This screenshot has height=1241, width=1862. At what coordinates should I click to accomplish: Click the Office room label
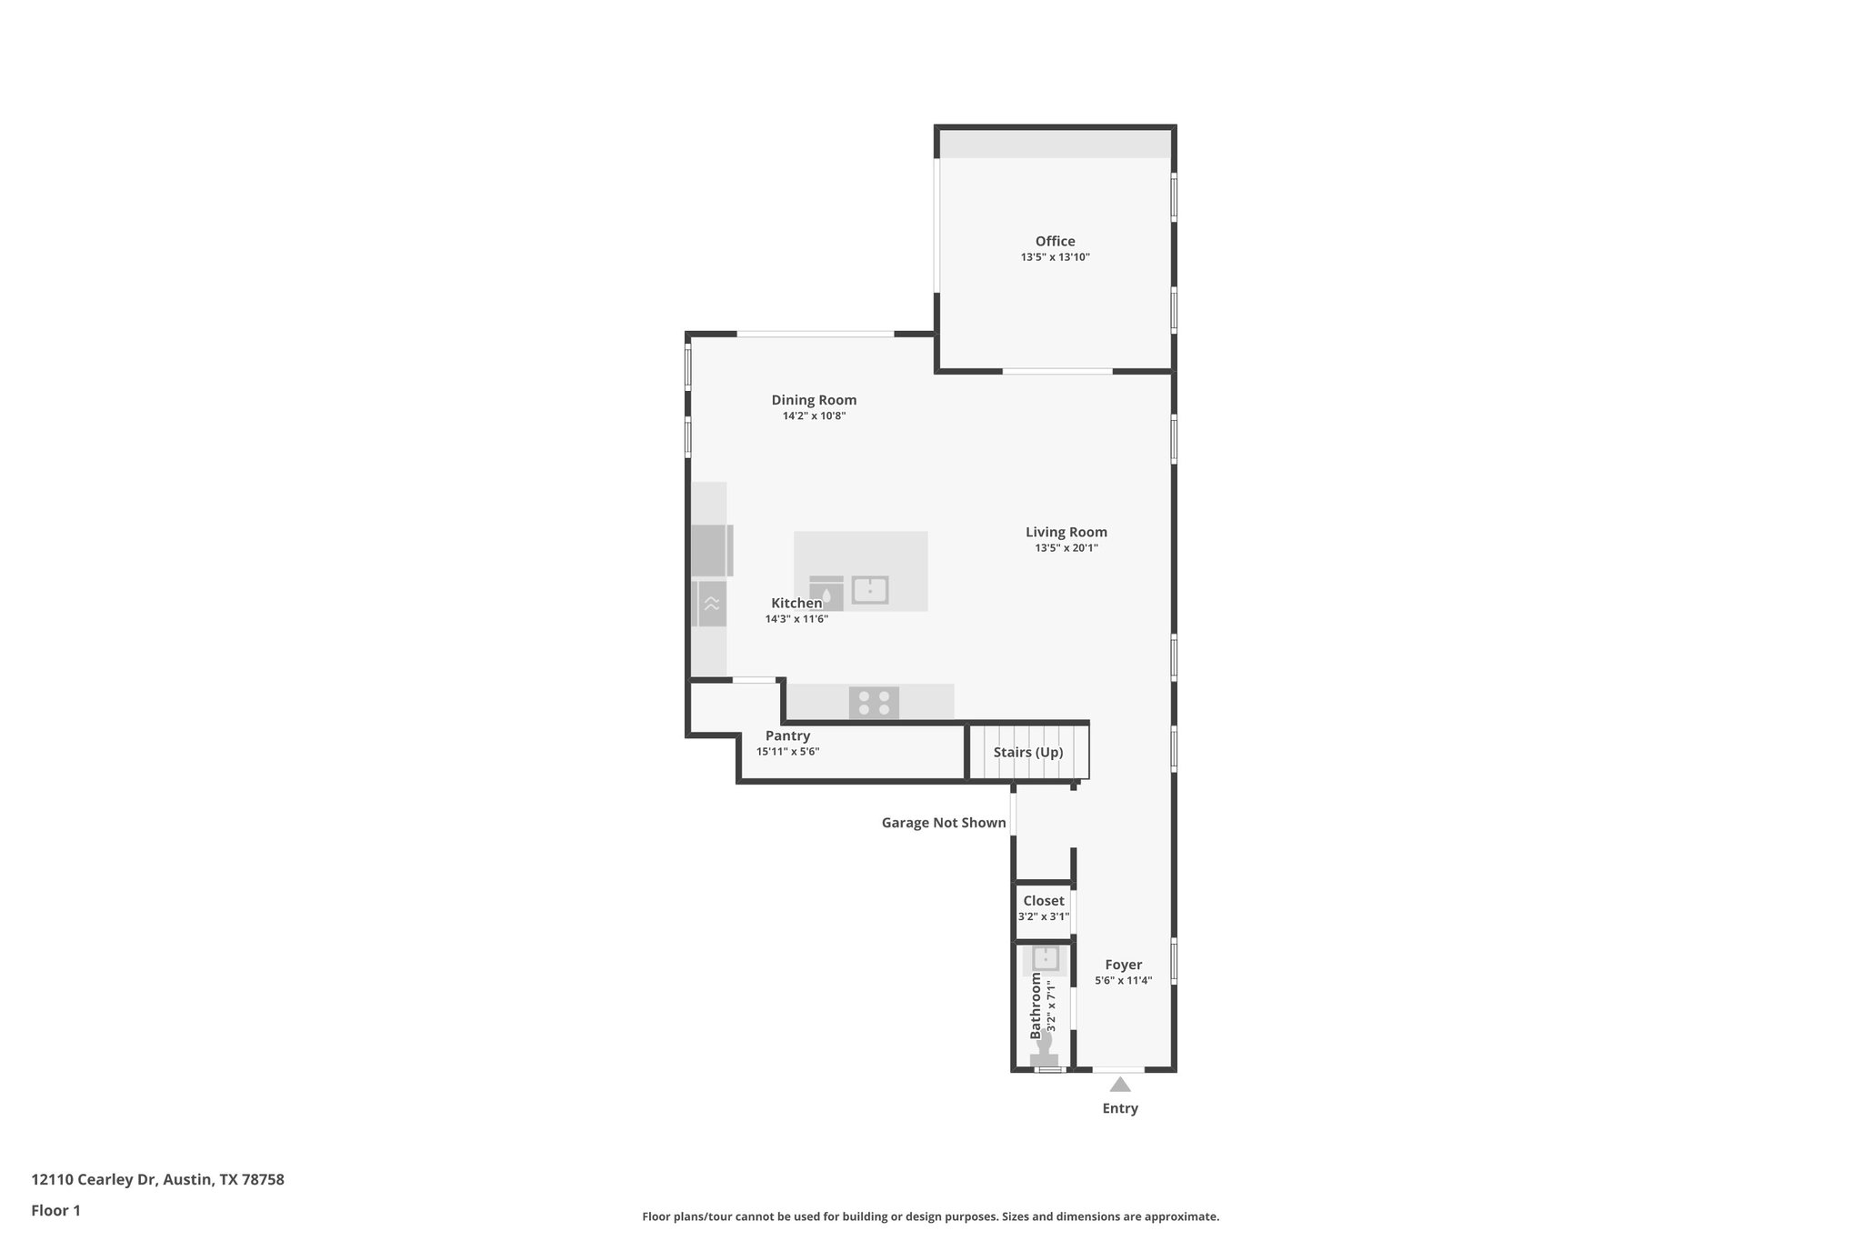pyautogui.click(x=1055, y=241)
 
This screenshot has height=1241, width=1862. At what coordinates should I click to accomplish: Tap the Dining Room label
pyautogui.click(x=814, y=400)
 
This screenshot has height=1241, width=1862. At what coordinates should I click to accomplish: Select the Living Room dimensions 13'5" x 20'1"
pyautogui.click(x=1066, y=548)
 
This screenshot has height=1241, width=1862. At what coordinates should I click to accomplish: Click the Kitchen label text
pyautogui.click(x=796, y=603)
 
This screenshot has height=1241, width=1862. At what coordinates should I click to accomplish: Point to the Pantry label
pyautogui.click(x=787, y=736)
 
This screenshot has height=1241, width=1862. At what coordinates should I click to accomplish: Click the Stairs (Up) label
pyautogui.click(x=1027, y=752)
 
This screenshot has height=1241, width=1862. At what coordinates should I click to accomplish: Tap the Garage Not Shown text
pyautogui.click(x=944, y=823)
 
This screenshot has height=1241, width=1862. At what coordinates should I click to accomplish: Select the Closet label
pyautogui.click(x=1044, y=901)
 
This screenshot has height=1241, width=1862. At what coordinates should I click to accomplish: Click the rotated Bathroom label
pyautogui.click(x=1035, y=1006)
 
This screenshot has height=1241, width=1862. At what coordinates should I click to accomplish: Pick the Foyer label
pyautogui.click(x=1124, y=965)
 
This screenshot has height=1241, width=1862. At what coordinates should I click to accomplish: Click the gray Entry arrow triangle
pyautogui.click(x=1120, y=1085)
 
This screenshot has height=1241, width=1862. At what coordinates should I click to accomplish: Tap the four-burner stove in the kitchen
pyautogui.click(x=874, y=703)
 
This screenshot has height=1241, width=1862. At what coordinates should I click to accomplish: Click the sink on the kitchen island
pyautogui.click(x=870, y=590)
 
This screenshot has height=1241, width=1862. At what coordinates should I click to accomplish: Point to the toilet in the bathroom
pyautogui.click(x=1045, y=1050)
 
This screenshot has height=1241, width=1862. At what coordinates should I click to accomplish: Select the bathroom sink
pyautogui.click(x=1046, y=958)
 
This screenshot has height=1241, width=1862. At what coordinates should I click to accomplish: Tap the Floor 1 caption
pyautogui.click(x=55, y=1210)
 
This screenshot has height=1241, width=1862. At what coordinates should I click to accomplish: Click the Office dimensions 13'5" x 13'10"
pyautogui.click(x=1055, y=257)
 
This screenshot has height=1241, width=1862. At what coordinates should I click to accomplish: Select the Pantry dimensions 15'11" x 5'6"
pyautogui.click(x=787, y=752)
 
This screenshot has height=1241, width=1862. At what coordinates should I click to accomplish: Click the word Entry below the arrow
pyautogui.click(x=1120, y=1108)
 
